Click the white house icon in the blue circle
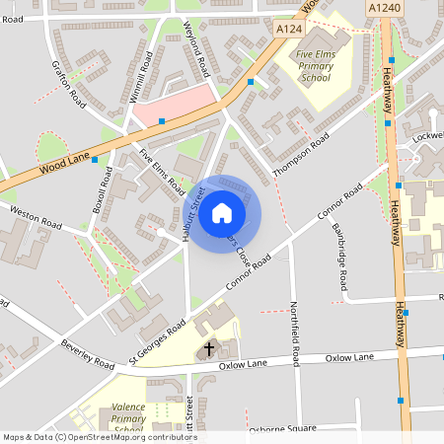coord(222,213)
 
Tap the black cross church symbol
coord(209,349)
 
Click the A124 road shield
coord(288,31)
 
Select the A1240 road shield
coord(384,7)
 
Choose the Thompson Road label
coord(299,155)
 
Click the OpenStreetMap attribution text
coord(99,437)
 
